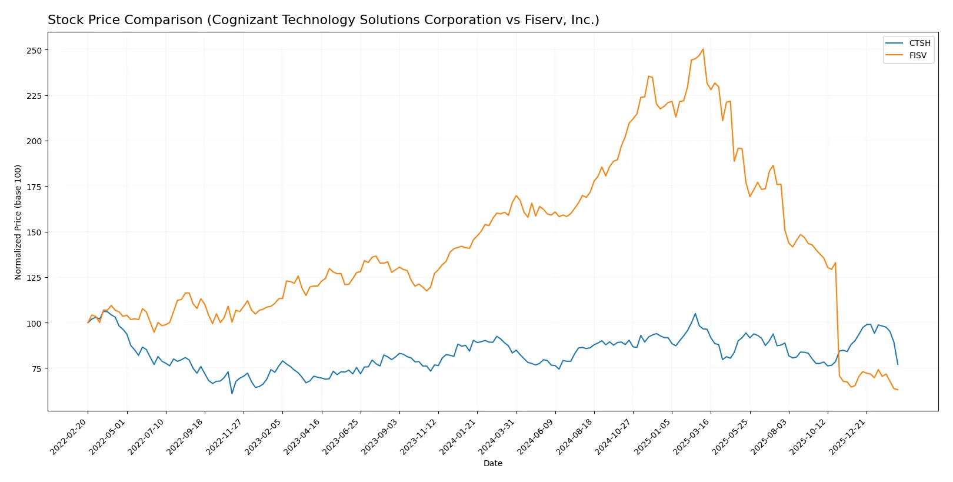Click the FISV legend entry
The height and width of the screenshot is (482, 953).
point(917,55)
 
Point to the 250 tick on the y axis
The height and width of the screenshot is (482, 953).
point(34,51)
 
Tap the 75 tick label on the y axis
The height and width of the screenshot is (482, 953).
point(36,369)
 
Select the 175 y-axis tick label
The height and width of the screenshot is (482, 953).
point(34,187)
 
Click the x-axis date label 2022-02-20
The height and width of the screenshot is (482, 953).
point(70,436)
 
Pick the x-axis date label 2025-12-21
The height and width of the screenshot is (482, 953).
point(848,436)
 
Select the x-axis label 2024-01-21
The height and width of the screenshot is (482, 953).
point(459,436)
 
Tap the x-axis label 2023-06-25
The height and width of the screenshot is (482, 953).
point(342,436)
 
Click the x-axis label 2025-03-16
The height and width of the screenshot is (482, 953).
point(692,436)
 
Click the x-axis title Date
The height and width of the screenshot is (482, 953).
point(492,463)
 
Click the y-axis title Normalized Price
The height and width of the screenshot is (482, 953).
point(18,222)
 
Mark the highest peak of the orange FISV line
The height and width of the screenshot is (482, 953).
point(703,49)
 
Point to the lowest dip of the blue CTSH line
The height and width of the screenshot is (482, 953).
point(232,393)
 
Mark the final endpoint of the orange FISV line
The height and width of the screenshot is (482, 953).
point(898,390)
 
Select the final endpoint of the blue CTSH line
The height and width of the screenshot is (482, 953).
point(898,364)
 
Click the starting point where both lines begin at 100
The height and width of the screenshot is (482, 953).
point(88,323)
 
